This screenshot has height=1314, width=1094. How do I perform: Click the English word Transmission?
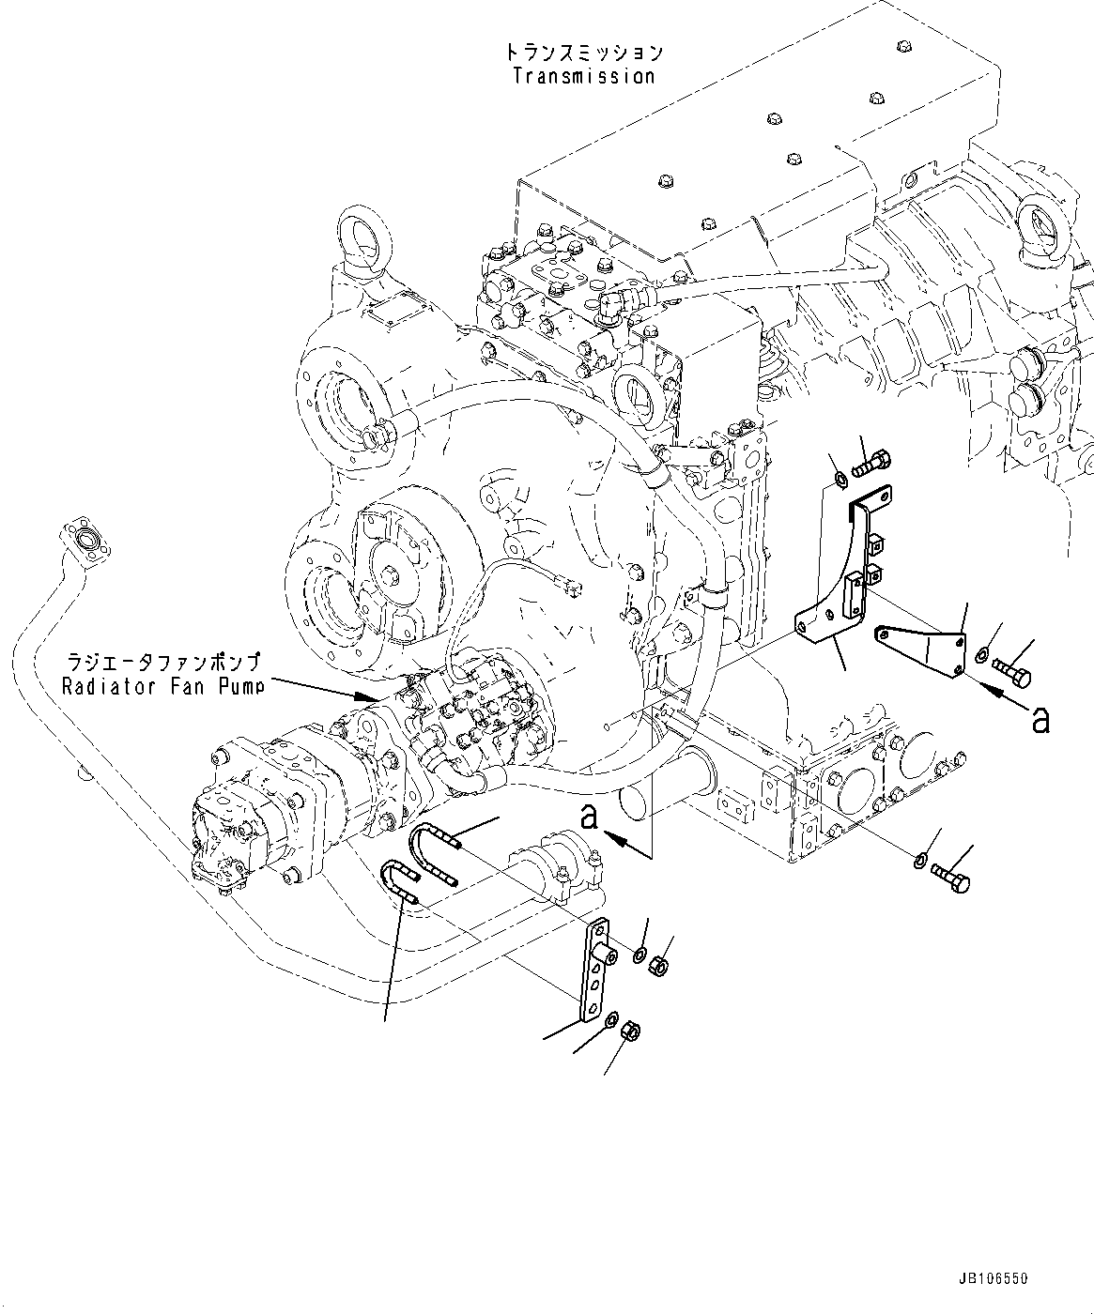pos(583,76)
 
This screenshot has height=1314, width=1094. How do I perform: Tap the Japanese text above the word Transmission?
pos(583,52)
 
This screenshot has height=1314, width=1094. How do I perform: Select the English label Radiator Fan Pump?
pos(162,685)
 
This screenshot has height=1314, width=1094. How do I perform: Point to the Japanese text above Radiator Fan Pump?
pos(162,661)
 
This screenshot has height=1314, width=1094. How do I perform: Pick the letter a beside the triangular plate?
pos(1040,720)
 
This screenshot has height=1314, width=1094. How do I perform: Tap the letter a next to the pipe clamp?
pos(589,817)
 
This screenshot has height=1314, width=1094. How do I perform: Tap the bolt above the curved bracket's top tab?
pos(872,463)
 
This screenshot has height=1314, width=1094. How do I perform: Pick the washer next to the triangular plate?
pos(981,654)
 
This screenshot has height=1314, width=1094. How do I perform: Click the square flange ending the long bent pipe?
pos(85,541)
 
